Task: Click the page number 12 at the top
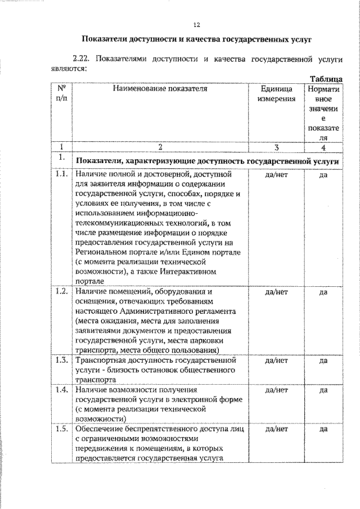pos(196,25)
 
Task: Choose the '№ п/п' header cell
pos(62,93)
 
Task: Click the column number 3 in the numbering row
pos(276,147)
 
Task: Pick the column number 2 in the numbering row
pos(160,147)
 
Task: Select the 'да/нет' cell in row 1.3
pos(276,361)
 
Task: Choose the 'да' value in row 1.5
pos(323,429)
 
